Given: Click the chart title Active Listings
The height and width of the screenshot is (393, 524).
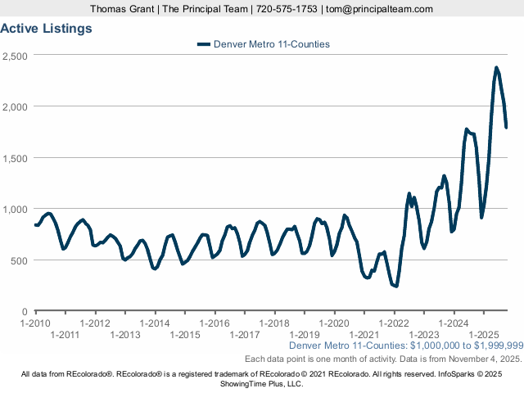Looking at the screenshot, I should coord(46,28).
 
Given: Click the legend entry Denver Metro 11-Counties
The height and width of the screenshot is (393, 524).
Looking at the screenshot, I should coord(271,44).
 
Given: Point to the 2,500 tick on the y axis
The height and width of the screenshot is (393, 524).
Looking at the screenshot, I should coord(16,56).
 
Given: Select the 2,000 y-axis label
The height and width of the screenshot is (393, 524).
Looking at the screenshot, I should coord(16,106).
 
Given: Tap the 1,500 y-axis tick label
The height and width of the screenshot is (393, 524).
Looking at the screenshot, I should coord(16,158).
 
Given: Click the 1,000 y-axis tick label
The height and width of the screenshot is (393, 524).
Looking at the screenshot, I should coord(16,209).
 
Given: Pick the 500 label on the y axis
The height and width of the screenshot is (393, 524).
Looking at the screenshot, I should coord(20,260).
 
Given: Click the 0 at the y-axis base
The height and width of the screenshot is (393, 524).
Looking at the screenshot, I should coord(25,311).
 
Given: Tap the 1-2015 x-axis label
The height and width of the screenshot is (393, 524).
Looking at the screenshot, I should coord(184,334).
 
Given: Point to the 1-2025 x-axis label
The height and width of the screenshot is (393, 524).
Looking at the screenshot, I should coord(484,334).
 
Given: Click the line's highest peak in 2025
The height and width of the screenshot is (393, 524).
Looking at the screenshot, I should coord(496,67).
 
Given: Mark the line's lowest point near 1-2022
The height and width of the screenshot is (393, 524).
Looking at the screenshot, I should coord(396,286).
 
